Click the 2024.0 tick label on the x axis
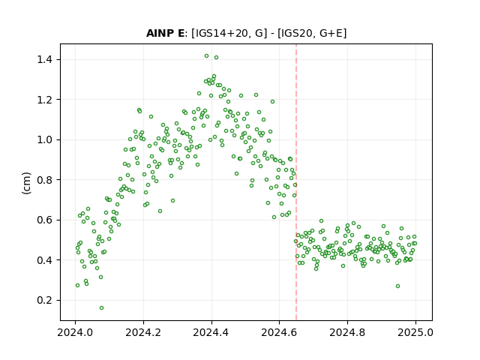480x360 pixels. (x=75, y=332)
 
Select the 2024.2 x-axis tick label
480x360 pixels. (x=143, y=332)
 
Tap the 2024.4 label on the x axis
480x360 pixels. (x=211, y=332)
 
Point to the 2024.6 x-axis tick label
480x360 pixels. (x=279, y=332)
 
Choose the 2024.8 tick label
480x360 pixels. (x=347, y=332)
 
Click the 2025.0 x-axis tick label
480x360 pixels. (x=415, y=332)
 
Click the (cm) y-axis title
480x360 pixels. (x=27, y=183)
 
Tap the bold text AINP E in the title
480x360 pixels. (x=165, y=33)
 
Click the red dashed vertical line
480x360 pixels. (x=296, y=182)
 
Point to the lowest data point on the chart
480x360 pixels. (x=102, y=308)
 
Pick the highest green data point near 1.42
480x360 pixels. (x=207, y=56)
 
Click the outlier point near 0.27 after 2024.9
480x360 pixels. (x=397, y=286)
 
